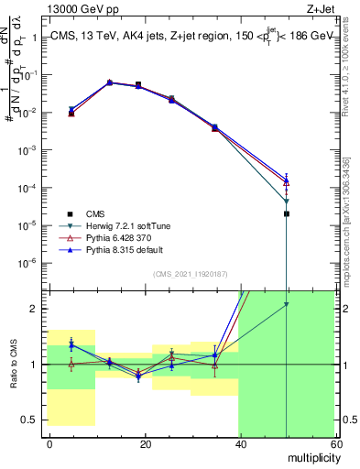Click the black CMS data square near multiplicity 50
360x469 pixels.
287,213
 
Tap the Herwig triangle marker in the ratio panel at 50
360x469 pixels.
287,305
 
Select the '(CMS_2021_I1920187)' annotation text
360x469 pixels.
191,272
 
